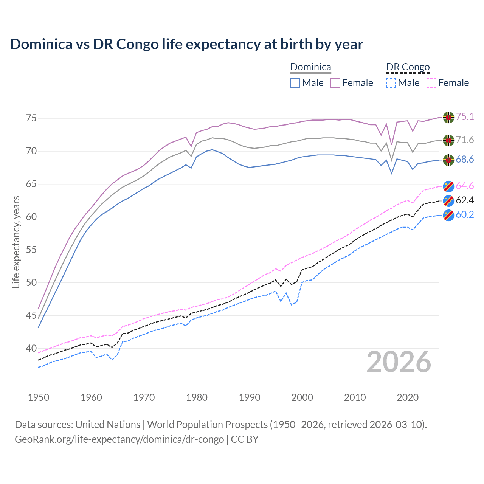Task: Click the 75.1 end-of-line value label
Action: pos(465,116)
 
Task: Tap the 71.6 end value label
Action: pos(465,140)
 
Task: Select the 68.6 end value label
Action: pos(465,160)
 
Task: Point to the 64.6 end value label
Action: pos(465,186)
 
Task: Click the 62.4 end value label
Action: pos(465,200)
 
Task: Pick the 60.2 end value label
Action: pos(465,214)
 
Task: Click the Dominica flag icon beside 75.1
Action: pos(448,117)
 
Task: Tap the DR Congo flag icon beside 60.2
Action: pos(448,215)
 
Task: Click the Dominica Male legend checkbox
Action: pos(295,83)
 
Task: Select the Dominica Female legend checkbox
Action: pos(335,83)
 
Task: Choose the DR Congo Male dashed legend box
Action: pos(391,83)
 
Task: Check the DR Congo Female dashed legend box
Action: pos(431,83)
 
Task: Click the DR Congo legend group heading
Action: pos(408,67)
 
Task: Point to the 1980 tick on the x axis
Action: pos(197,397)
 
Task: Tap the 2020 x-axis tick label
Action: pos(408,397)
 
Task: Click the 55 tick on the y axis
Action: pos(31,250)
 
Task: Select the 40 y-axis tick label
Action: pos(31,348)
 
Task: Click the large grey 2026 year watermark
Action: pos(399,362)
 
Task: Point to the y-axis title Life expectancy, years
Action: pos(16,242)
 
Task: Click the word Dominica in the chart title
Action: pos(41,44)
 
